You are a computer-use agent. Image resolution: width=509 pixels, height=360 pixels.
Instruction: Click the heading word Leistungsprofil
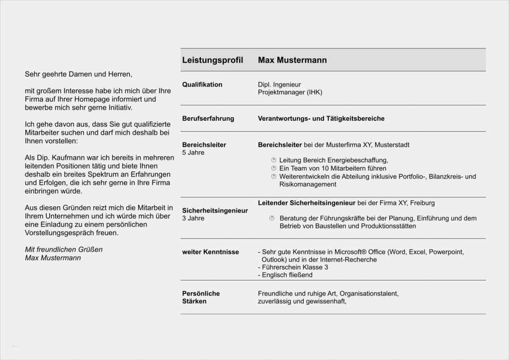click(x=212, y=60)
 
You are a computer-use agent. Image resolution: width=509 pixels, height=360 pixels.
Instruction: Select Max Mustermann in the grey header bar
click(x=292, y=60)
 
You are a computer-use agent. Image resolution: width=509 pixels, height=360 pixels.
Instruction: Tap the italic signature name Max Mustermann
click(x=53, y=258)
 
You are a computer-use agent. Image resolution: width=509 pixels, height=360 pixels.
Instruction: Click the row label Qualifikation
click(x=202, y=85)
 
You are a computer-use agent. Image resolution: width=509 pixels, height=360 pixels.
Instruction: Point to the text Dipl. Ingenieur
click(x=279, y=85)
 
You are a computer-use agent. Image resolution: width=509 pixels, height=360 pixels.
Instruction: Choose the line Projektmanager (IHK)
click(x=290, y=92)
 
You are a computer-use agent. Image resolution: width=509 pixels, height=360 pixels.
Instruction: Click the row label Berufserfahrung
click(x=208, y=119)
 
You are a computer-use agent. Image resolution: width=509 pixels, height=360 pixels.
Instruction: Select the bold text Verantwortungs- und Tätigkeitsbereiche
click(x=321, y=119)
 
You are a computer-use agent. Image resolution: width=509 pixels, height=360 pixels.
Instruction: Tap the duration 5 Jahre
click(x=193, y=153)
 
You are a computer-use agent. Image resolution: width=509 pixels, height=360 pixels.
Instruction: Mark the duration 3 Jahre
click(x=193, y=218)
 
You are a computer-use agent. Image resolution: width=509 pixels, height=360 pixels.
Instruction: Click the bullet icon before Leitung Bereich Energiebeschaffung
click(x=273, y=160)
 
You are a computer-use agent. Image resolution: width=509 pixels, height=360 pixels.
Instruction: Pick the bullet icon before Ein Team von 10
click(x=273, y=169)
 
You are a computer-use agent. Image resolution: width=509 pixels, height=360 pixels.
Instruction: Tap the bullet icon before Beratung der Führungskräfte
click(x=272, y=218)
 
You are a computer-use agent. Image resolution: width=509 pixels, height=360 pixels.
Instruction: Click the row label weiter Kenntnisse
click(x=210, y=252)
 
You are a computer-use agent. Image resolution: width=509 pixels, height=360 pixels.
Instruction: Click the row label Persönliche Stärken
click(x=201, y=297)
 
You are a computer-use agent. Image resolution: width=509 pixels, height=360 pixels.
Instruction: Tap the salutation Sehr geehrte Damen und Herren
click(x=79, y=74)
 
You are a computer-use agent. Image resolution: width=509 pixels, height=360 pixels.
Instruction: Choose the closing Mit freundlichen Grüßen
click(x=64, y=249)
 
